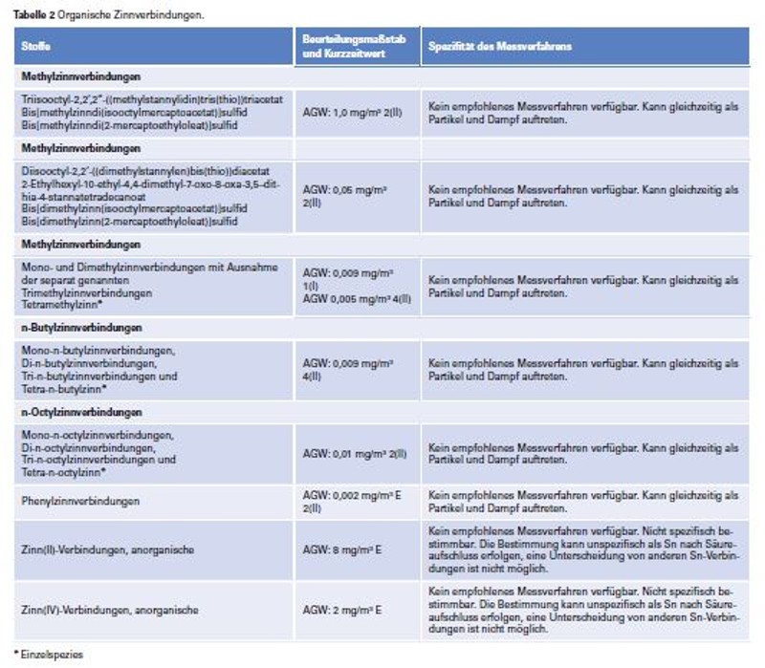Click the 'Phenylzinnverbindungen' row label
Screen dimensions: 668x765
click(x=81, y=501)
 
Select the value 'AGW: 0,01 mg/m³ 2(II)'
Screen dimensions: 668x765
click(x=355, y=453)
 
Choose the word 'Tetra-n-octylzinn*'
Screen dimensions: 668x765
click(x=63, y=471)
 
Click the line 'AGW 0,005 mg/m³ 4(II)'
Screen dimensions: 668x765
click(x=357, y=298)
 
